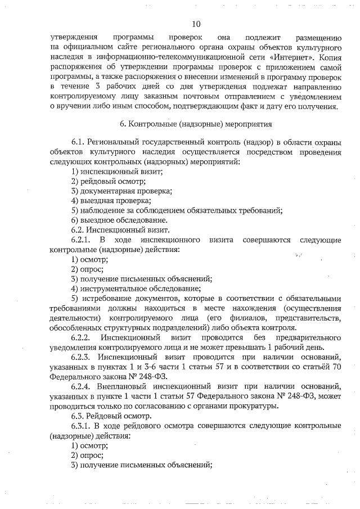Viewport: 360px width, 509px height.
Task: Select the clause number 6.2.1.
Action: click(82, 240)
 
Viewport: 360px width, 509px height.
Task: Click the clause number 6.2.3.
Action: click(82, 357)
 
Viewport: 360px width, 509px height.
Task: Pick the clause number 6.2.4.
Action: click(82, 386)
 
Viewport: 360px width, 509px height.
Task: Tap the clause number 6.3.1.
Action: click(82, 426)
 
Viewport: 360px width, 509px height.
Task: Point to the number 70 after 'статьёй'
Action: click(336, 367)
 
